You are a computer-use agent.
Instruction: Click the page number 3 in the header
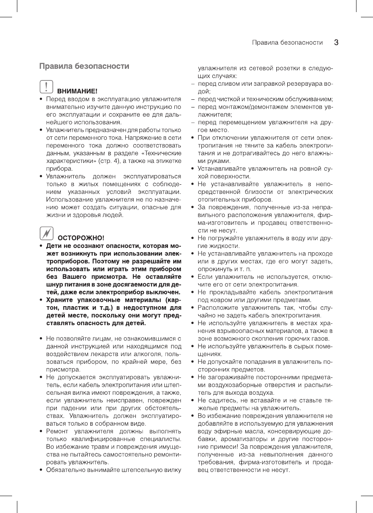click(336, 42)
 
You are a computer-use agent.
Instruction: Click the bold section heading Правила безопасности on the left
click(84, 66)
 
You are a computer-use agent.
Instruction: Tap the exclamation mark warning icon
click(47, 87)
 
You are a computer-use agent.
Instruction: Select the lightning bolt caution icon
click(47, 233)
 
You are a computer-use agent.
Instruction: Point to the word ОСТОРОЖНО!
click(81, 237)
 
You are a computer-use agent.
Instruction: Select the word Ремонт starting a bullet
click(57, 431)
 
